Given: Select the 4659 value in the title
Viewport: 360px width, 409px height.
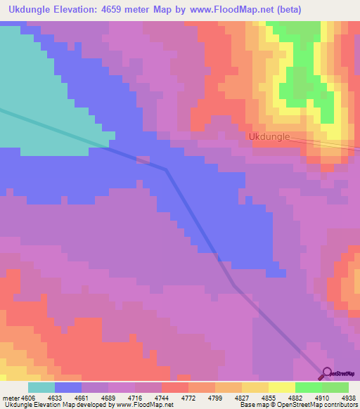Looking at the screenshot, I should point(133,11).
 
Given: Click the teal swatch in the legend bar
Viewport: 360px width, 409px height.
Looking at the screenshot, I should point(41,387).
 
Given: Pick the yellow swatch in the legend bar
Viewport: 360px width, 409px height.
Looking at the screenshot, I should point(281,387).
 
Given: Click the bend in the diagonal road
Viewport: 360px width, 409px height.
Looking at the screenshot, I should point(166,169).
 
